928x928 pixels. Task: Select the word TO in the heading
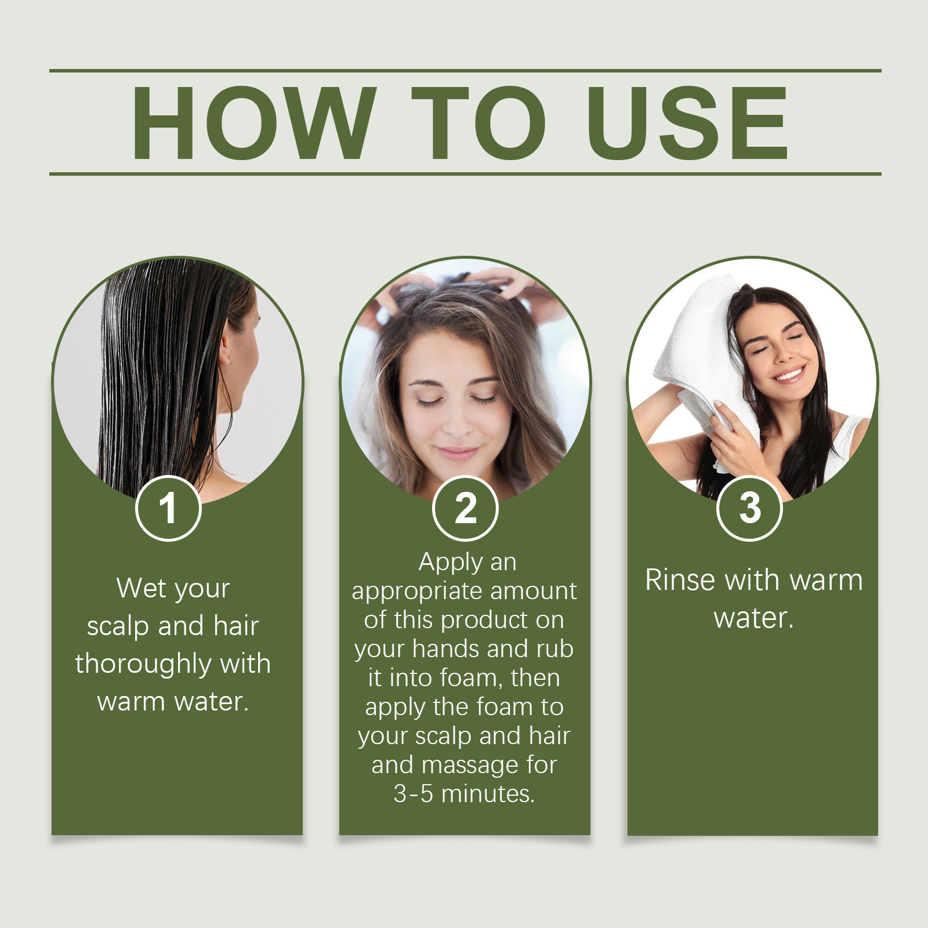478,122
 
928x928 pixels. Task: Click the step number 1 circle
168,508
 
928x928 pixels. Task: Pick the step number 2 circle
465,508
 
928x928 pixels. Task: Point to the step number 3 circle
749,508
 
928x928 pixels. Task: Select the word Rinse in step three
680,580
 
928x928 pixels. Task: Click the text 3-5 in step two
413,794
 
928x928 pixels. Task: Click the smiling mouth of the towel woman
790,374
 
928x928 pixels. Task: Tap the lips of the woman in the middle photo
458,453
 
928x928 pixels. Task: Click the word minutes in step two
488,794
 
